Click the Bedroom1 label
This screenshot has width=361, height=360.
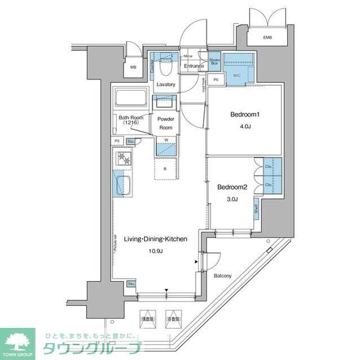(x=245, y=115)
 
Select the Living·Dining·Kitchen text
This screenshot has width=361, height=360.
(x=156, y=239)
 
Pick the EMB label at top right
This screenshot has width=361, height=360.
(x=267, y=38)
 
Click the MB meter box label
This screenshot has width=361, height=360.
(x=133, y=68)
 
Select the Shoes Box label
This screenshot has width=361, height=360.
(x=214, y=62)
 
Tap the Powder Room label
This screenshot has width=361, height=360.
(x=165, y=123)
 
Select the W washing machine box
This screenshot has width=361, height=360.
(x=166, y=140)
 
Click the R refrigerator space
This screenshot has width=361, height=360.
(x=165, y=168)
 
